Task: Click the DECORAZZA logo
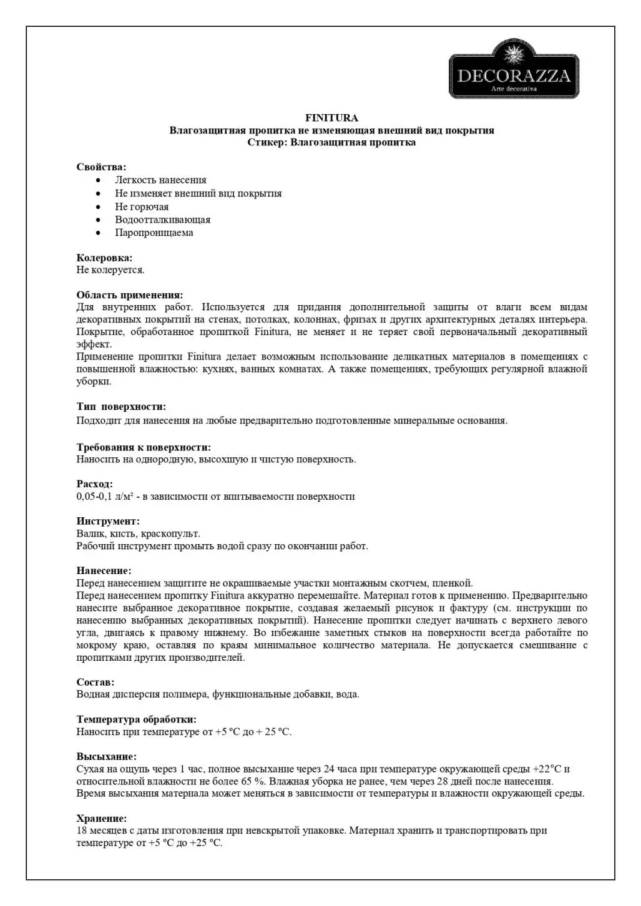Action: [514, 69]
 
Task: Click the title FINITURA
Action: [331, 117]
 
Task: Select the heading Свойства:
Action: [101, 167]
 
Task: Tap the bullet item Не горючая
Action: [142, 207]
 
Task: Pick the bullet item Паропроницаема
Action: [154, 233]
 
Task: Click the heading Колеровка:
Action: [104, 258]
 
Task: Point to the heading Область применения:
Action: [130, 295]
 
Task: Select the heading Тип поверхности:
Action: [121, 407]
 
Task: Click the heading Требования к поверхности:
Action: [144, 447]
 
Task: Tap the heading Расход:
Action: [95, 484]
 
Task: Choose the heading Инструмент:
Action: [108, 521]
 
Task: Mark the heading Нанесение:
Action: [104, 570]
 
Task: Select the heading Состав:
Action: [95, 682]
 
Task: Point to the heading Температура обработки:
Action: [136, 719]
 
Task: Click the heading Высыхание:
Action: [106, 756]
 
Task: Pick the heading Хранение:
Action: [101, 818]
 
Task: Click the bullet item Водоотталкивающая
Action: [162, 220]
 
